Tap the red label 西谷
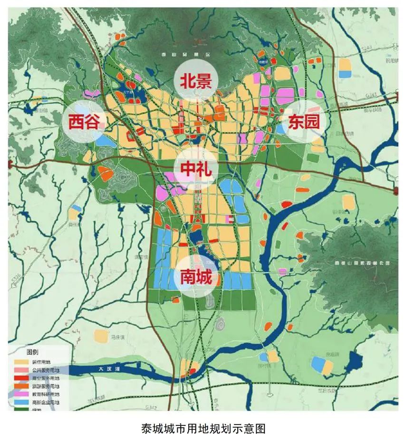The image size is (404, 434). click(84, 123)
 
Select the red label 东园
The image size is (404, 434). click(303, 122)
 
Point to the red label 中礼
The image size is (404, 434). click(195, 168)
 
